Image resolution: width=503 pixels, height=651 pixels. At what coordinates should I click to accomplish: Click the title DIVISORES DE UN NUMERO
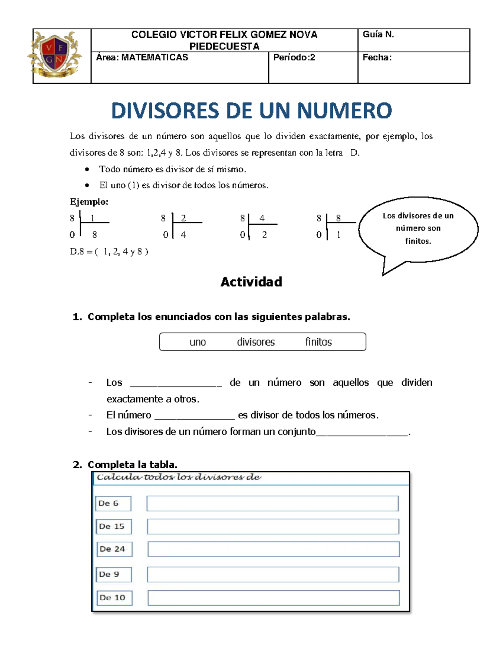tap(251, 111)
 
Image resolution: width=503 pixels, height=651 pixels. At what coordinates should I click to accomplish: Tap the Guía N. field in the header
tap(413, 40)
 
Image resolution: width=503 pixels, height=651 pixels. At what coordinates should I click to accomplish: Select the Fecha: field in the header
tap(413, 67)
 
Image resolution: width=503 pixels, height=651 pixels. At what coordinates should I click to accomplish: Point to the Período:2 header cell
tap(313, 67)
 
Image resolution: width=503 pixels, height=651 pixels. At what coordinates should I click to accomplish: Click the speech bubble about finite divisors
tap(418, 228)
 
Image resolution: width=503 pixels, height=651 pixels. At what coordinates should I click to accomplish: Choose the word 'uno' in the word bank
tap(197, 342)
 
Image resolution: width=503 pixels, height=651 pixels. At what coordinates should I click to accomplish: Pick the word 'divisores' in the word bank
tap(256, 342)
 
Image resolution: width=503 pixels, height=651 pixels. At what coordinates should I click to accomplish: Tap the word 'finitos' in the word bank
tap(319, 342)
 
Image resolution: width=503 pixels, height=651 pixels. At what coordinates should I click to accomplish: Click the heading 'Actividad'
tap(251, 282)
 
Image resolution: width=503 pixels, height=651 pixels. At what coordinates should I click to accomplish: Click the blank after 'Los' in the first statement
tap(176, 383)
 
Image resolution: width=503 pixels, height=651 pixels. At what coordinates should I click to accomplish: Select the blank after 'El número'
tap(194, 415)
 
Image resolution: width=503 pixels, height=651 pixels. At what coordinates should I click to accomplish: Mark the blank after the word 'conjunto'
tap(362, 432)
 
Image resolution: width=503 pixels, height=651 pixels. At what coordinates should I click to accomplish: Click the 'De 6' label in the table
tap(113, 503)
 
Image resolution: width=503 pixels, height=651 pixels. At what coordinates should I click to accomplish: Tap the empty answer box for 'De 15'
tap(273, 527)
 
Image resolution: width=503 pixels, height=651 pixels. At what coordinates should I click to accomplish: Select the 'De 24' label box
tap(114, 549)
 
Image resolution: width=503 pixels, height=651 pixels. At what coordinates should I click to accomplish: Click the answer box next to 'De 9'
tap(273, 574)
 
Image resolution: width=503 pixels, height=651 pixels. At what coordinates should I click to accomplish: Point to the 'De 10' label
tap(114, 598)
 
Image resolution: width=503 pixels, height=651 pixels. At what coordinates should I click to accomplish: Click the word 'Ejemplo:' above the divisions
tap(89, 202)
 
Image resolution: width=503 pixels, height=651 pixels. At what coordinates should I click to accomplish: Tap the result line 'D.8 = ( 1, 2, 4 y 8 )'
tap(109, 252)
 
